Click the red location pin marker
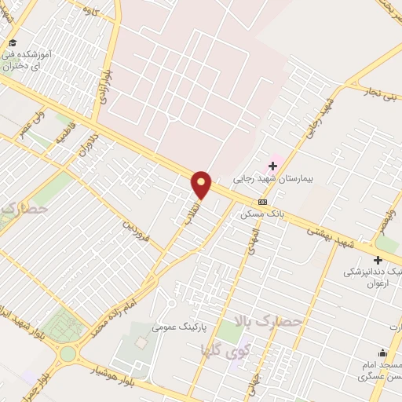pos(202,185)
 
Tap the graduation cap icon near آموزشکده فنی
pos(12,42)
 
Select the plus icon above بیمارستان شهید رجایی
pos(273,165)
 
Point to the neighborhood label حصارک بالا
pos(269,322)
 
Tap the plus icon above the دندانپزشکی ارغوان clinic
pos(378,260)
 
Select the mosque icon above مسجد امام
pos(382,353)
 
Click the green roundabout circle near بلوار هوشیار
pos(68,353)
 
